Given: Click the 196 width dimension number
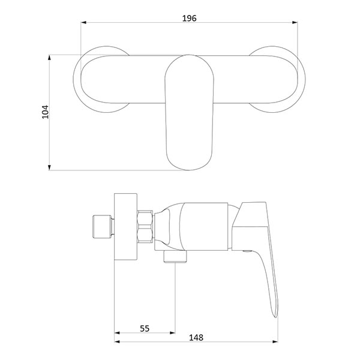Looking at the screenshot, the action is click(x=189, y=18).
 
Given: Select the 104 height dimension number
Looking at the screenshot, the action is click(x=45, y=112).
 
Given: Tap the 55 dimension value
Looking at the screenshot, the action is click(x=145, y=329).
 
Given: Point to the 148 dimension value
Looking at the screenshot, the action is click(x=196, y=337).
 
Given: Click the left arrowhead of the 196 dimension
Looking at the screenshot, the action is click(x=83, y=23).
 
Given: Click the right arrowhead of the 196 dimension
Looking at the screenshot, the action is click(x=295, y=23).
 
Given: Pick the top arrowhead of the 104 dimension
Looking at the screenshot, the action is click(x=49, y=58).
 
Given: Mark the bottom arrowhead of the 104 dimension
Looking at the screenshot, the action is click(x=49, y=167).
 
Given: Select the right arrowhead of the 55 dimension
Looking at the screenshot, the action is click(x=172, y=332).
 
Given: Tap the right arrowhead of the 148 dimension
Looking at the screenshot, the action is click(x=275, y=341).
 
